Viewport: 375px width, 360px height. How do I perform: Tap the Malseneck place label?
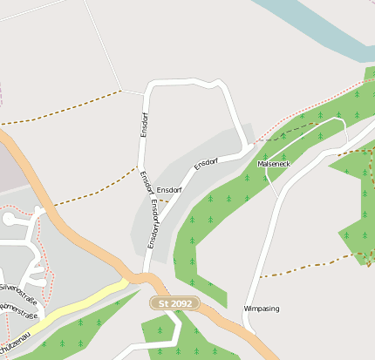pos(275,163)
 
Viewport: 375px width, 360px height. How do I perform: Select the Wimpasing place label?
pos(261,309)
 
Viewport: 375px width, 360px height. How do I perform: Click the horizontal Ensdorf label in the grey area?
pos(169,189)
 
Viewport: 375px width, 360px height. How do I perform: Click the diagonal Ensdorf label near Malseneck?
pos(206,162)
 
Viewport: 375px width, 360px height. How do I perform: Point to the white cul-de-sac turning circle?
pos(39,211)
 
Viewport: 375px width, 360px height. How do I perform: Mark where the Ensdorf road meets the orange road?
pos(147,275)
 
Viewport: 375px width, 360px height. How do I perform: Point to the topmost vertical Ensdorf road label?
pos(144,124)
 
